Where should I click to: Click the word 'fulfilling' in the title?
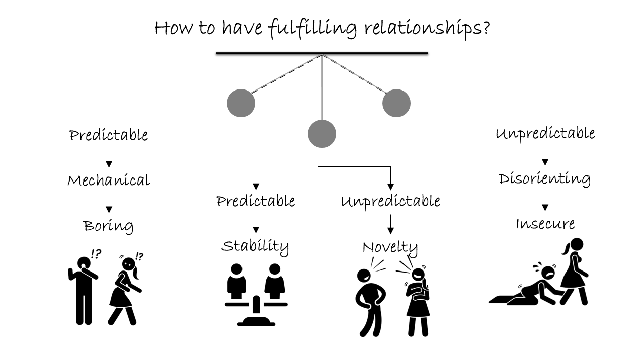tap(312, 28)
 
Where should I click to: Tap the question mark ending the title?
tap(485, 27)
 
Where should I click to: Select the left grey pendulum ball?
tap(241, 103)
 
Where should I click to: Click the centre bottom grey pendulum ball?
tap(322, 134)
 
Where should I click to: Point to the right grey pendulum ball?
tap(396, 103)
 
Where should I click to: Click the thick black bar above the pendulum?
tap(322, 53)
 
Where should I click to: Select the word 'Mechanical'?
tap(109, 180)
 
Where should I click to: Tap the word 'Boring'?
tap(109, 226)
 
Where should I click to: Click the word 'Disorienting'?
tap(544, 179)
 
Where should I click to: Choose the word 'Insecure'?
tap(545, 224)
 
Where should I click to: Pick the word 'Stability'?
tap(256, 246)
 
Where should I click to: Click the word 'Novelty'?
tap(390, 247)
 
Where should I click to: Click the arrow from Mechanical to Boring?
tap(109, 203)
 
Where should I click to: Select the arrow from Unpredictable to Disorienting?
tap(544, 157)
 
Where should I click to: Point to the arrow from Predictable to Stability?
tap(256, 223)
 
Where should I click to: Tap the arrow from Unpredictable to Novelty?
tap(390, 223)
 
